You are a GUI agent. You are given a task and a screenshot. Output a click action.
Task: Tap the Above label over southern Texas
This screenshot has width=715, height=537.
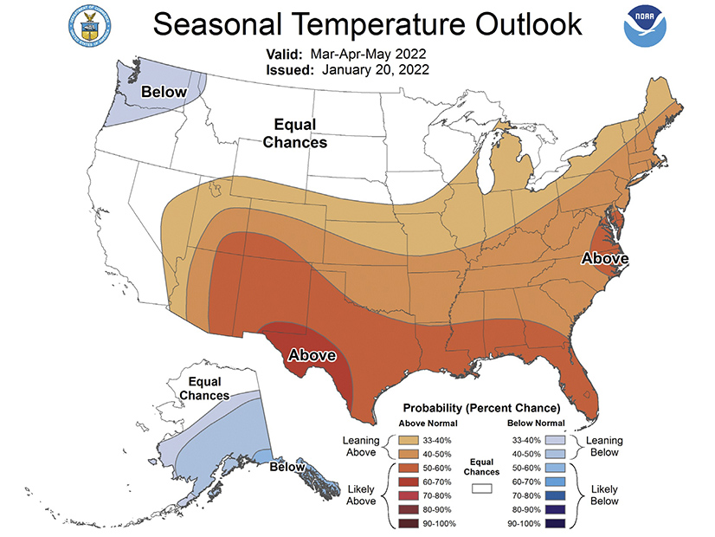click(312, 354)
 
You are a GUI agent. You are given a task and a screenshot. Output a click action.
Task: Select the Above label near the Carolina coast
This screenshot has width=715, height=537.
click(603, 258)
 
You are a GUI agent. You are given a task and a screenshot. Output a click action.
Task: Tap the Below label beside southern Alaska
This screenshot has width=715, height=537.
click(286, 467)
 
